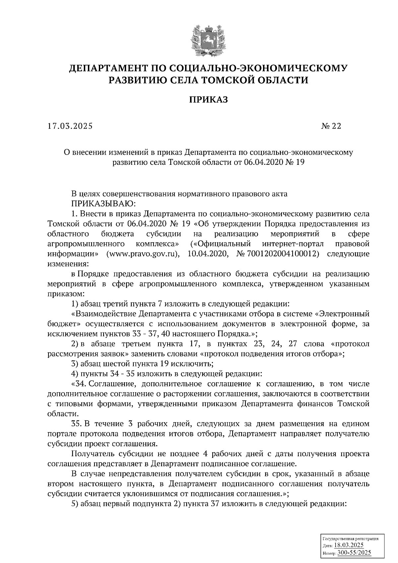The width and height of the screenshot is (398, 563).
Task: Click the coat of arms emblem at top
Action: [x=205, y=40]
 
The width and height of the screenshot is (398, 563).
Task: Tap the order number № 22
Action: [x=331, y=126]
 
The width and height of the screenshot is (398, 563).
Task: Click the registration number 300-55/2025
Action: [x=354, y=553]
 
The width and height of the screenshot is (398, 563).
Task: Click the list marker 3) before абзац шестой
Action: [x=75, y=364]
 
